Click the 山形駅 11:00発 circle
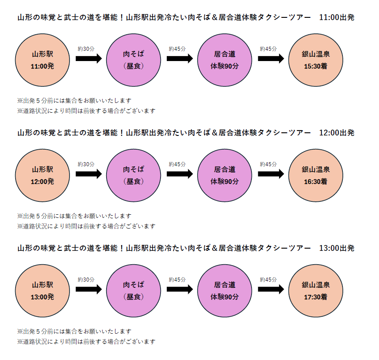click(42, 60)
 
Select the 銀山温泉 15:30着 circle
click(316, 60)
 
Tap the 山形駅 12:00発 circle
click(42, 175)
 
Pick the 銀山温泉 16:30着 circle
click(316, 175)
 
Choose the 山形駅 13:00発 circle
click(42, 290)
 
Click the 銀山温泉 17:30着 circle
click(316, 290)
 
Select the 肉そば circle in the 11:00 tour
click(133, 60)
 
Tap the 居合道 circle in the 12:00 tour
click(225, 175)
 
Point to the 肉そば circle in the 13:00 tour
click(133, 290)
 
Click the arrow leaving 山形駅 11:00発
click(89, 58)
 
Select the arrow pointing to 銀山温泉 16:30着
click(271, 174)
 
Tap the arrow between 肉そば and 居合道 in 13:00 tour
click(180, 289)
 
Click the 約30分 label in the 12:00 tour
click(86, 164)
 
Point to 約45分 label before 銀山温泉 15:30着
click(268, 49)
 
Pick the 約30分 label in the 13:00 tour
click(86, 280)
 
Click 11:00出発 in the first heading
click(337, 17)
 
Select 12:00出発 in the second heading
click(337, 133)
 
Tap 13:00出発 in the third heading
click(337, 248)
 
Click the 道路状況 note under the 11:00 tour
click(87, 111)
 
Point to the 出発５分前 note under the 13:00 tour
click(74, 331)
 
